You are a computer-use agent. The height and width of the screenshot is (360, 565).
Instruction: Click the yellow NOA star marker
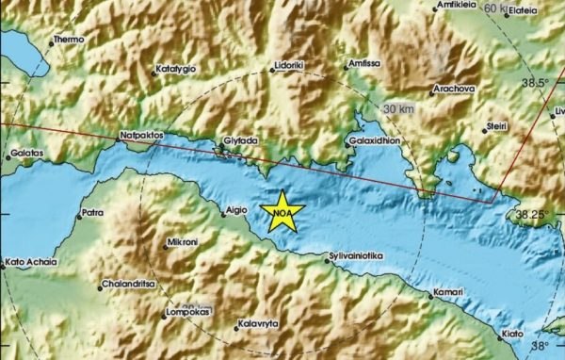tap(281, 213)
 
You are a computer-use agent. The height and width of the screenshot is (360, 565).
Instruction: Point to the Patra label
tap(92, 214)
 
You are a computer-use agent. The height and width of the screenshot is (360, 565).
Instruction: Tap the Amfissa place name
tap(363, 63)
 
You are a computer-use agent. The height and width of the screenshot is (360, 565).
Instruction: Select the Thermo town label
tap(69, 40)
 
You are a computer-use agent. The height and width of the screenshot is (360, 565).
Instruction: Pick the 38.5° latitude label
tap(536, 83)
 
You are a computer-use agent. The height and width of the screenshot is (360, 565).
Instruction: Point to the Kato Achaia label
tap(31, 261)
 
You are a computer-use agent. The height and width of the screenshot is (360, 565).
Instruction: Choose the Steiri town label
tap(495, 124)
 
